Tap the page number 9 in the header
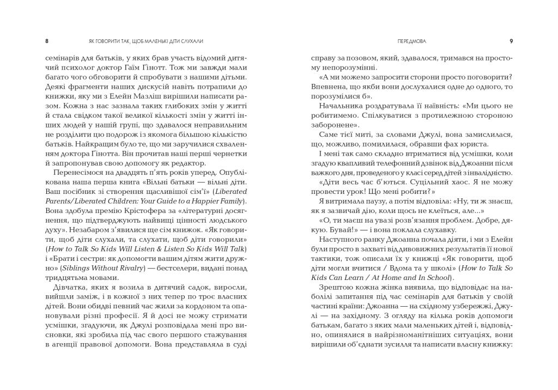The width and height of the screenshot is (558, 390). click(x=511, y=41)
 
